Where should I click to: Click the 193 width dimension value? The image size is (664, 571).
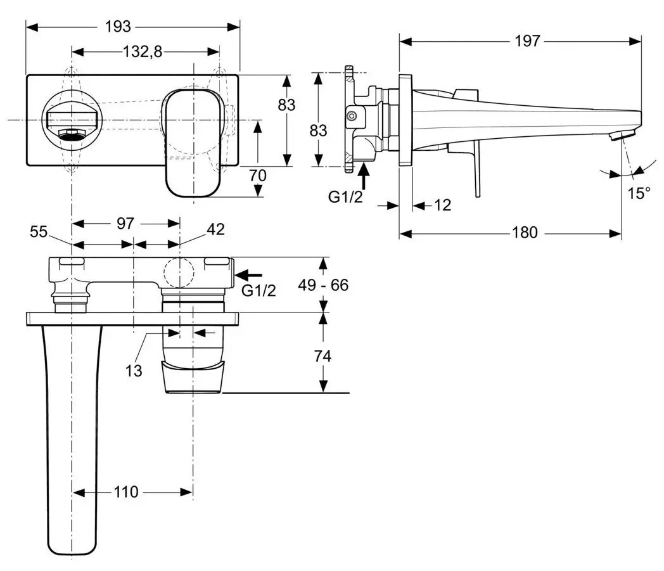point(118,27)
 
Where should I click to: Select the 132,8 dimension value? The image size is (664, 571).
point(143,52)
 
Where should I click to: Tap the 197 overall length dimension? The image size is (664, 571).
point(527,41)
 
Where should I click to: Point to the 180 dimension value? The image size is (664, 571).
point(525,233)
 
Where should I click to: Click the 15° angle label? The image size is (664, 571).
point(639,193)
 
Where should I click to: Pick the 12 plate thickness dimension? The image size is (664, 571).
point(442,205)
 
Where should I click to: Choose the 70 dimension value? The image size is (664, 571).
point(257,176)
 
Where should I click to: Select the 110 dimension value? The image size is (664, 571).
point(126,492)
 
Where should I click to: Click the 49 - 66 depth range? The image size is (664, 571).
point(323,285)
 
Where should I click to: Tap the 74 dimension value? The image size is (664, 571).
point(322,356)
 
